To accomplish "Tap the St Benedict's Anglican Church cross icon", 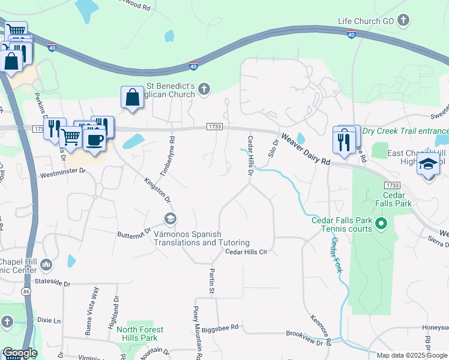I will tap(204, 89).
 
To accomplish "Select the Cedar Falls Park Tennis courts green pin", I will tap(380, 224).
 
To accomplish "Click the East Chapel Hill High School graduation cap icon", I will tap(428, 164).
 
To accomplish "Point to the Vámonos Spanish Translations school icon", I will tap(170, 218).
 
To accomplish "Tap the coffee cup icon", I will tap(94, 140).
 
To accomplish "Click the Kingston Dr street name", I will tap(157, 189).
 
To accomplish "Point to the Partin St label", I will tap(212, 281).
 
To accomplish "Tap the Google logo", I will tap(19, 353).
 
